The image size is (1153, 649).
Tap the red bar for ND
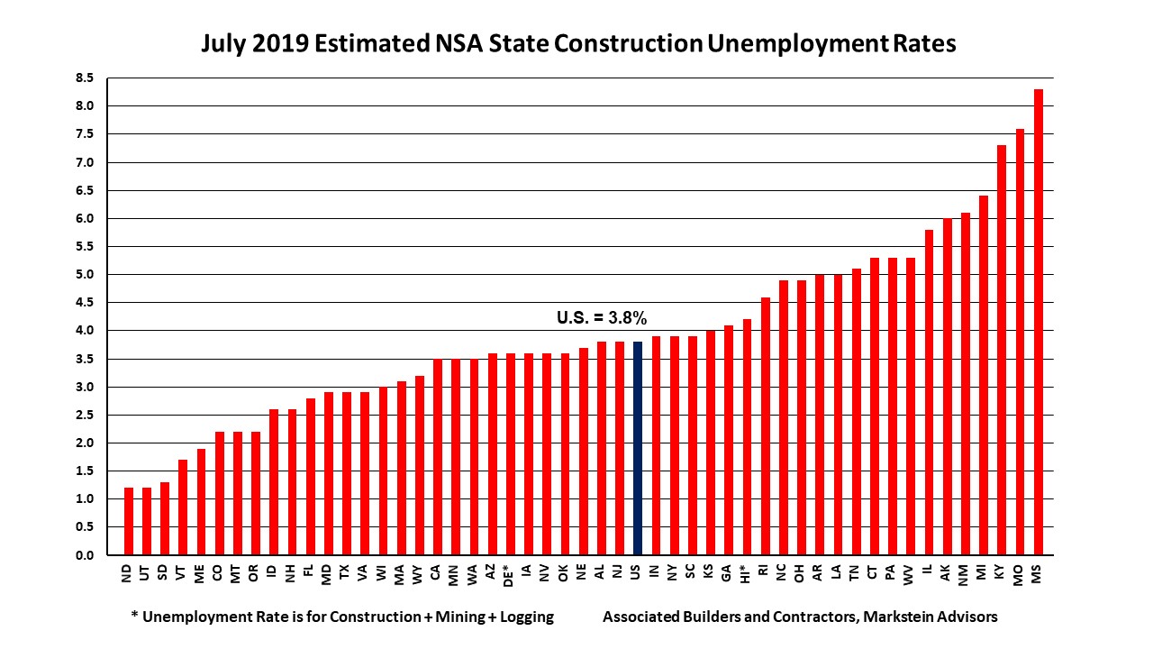point(129,522)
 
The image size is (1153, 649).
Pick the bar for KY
point(1001,351)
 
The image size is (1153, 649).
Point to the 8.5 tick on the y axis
point(84,78)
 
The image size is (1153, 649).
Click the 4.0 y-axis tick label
point(84,331)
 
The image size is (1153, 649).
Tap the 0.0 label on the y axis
point(84,555)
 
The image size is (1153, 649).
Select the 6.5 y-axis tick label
point(84,191)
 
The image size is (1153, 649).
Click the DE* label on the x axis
point(510,578)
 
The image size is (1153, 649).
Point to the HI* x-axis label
point(747,578)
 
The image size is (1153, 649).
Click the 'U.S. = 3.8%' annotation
point(602,317)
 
